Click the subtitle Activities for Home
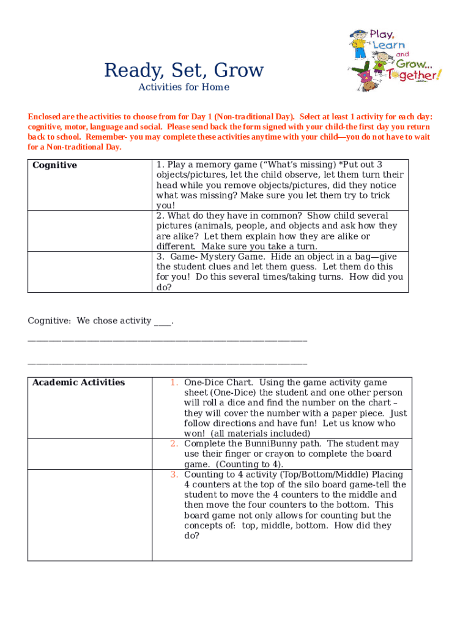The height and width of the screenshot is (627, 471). (184, 87)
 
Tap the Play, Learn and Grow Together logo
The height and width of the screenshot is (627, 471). (394, 59)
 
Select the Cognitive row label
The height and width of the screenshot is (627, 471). (54, 165)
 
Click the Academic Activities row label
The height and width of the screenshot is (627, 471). (78, 383)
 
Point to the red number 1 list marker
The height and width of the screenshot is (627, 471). (174, 383)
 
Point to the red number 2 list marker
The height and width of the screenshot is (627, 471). (174, 444)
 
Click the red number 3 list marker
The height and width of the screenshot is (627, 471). (174, 475)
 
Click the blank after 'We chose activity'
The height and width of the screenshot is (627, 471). (163, 321)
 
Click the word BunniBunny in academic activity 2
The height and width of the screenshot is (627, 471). (262, 444)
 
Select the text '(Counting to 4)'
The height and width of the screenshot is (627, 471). (251, 464)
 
